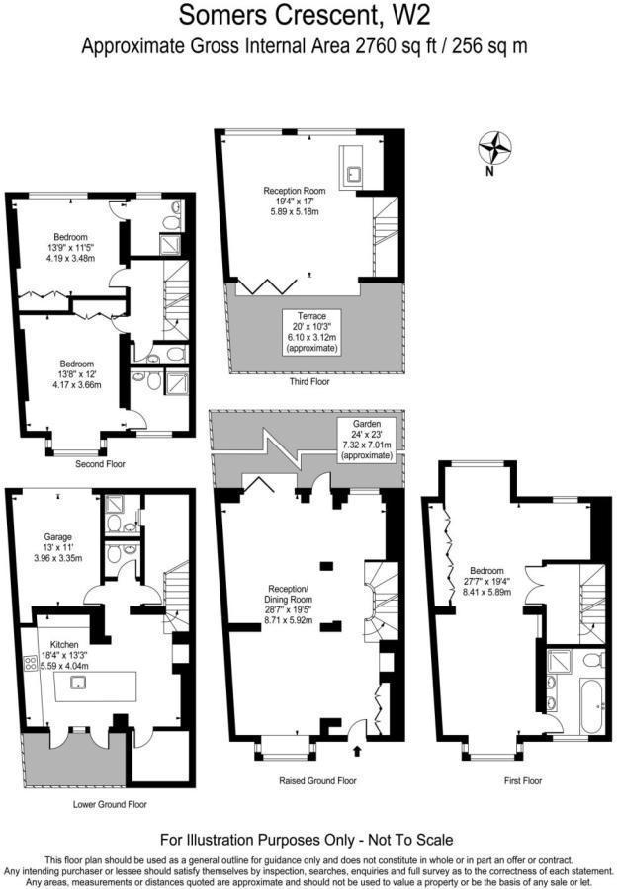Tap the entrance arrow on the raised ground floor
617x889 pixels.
[x=357, y=751]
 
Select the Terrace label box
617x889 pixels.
[x=311, y=332]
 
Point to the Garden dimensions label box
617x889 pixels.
[x=366, y=440]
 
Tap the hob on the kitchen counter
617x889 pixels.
[x=31, y=664]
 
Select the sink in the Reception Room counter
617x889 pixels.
[x=354, y=174]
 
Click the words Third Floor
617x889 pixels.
[x=309, y=381]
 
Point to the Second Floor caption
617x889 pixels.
[x=101, y=464]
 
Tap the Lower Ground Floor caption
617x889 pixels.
[x=110, y=804]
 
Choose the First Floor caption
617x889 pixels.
[x=523, y=780]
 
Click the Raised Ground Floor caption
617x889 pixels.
[x=317, y=780]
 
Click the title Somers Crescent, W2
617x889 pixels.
[x=305, y=15]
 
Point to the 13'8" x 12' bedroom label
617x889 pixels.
[x=77, y=374]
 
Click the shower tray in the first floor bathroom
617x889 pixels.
[x=562, y=661]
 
